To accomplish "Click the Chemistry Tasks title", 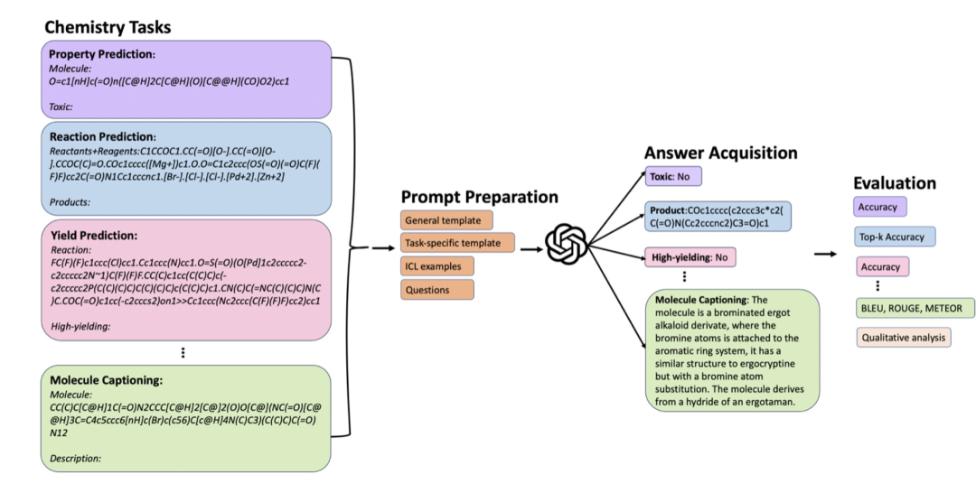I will coord(108,27).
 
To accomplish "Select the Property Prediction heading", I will coord(102,54).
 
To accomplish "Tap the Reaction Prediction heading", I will coord(102,136).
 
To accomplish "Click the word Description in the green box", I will coord(75,459).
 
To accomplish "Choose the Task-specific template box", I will coord(457,243).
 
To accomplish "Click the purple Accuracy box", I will coord(879,207).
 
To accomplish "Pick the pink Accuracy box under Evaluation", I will coord(881,266).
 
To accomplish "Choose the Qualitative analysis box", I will coord(903,338).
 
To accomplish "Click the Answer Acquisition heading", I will coord(721,153).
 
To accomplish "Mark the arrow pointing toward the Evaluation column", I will coord(823,254).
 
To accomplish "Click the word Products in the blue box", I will coord(69,202).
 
